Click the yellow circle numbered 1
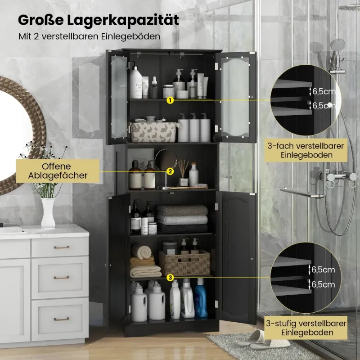pos(170,100)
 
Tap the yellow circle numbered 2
pos(170,171)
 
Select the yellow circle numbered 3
pos(170,278)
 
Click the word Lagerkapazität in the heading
pos(123,20)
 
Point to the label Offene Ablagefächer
pos(58,171)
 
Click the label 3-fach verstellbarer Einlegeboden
pos(306,150)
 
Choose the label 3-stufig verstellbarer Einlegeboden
pos(306,328)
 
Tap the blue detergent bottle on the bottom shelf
pos(201,298)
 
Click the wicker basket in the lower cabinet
pos(185,263)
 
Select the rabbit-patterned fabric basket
pos(153,132)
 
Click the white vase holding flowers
pos(48,212)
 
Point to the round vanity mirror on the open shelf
pos(166,160)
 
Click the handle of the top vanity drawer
pos(62,247)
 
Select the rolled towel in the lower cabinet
pos(142,252)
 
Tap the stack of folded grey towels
pos(182,220)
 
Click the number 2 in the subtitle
pos(36,36)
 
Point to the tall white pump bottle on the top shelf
pos(136,81)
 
